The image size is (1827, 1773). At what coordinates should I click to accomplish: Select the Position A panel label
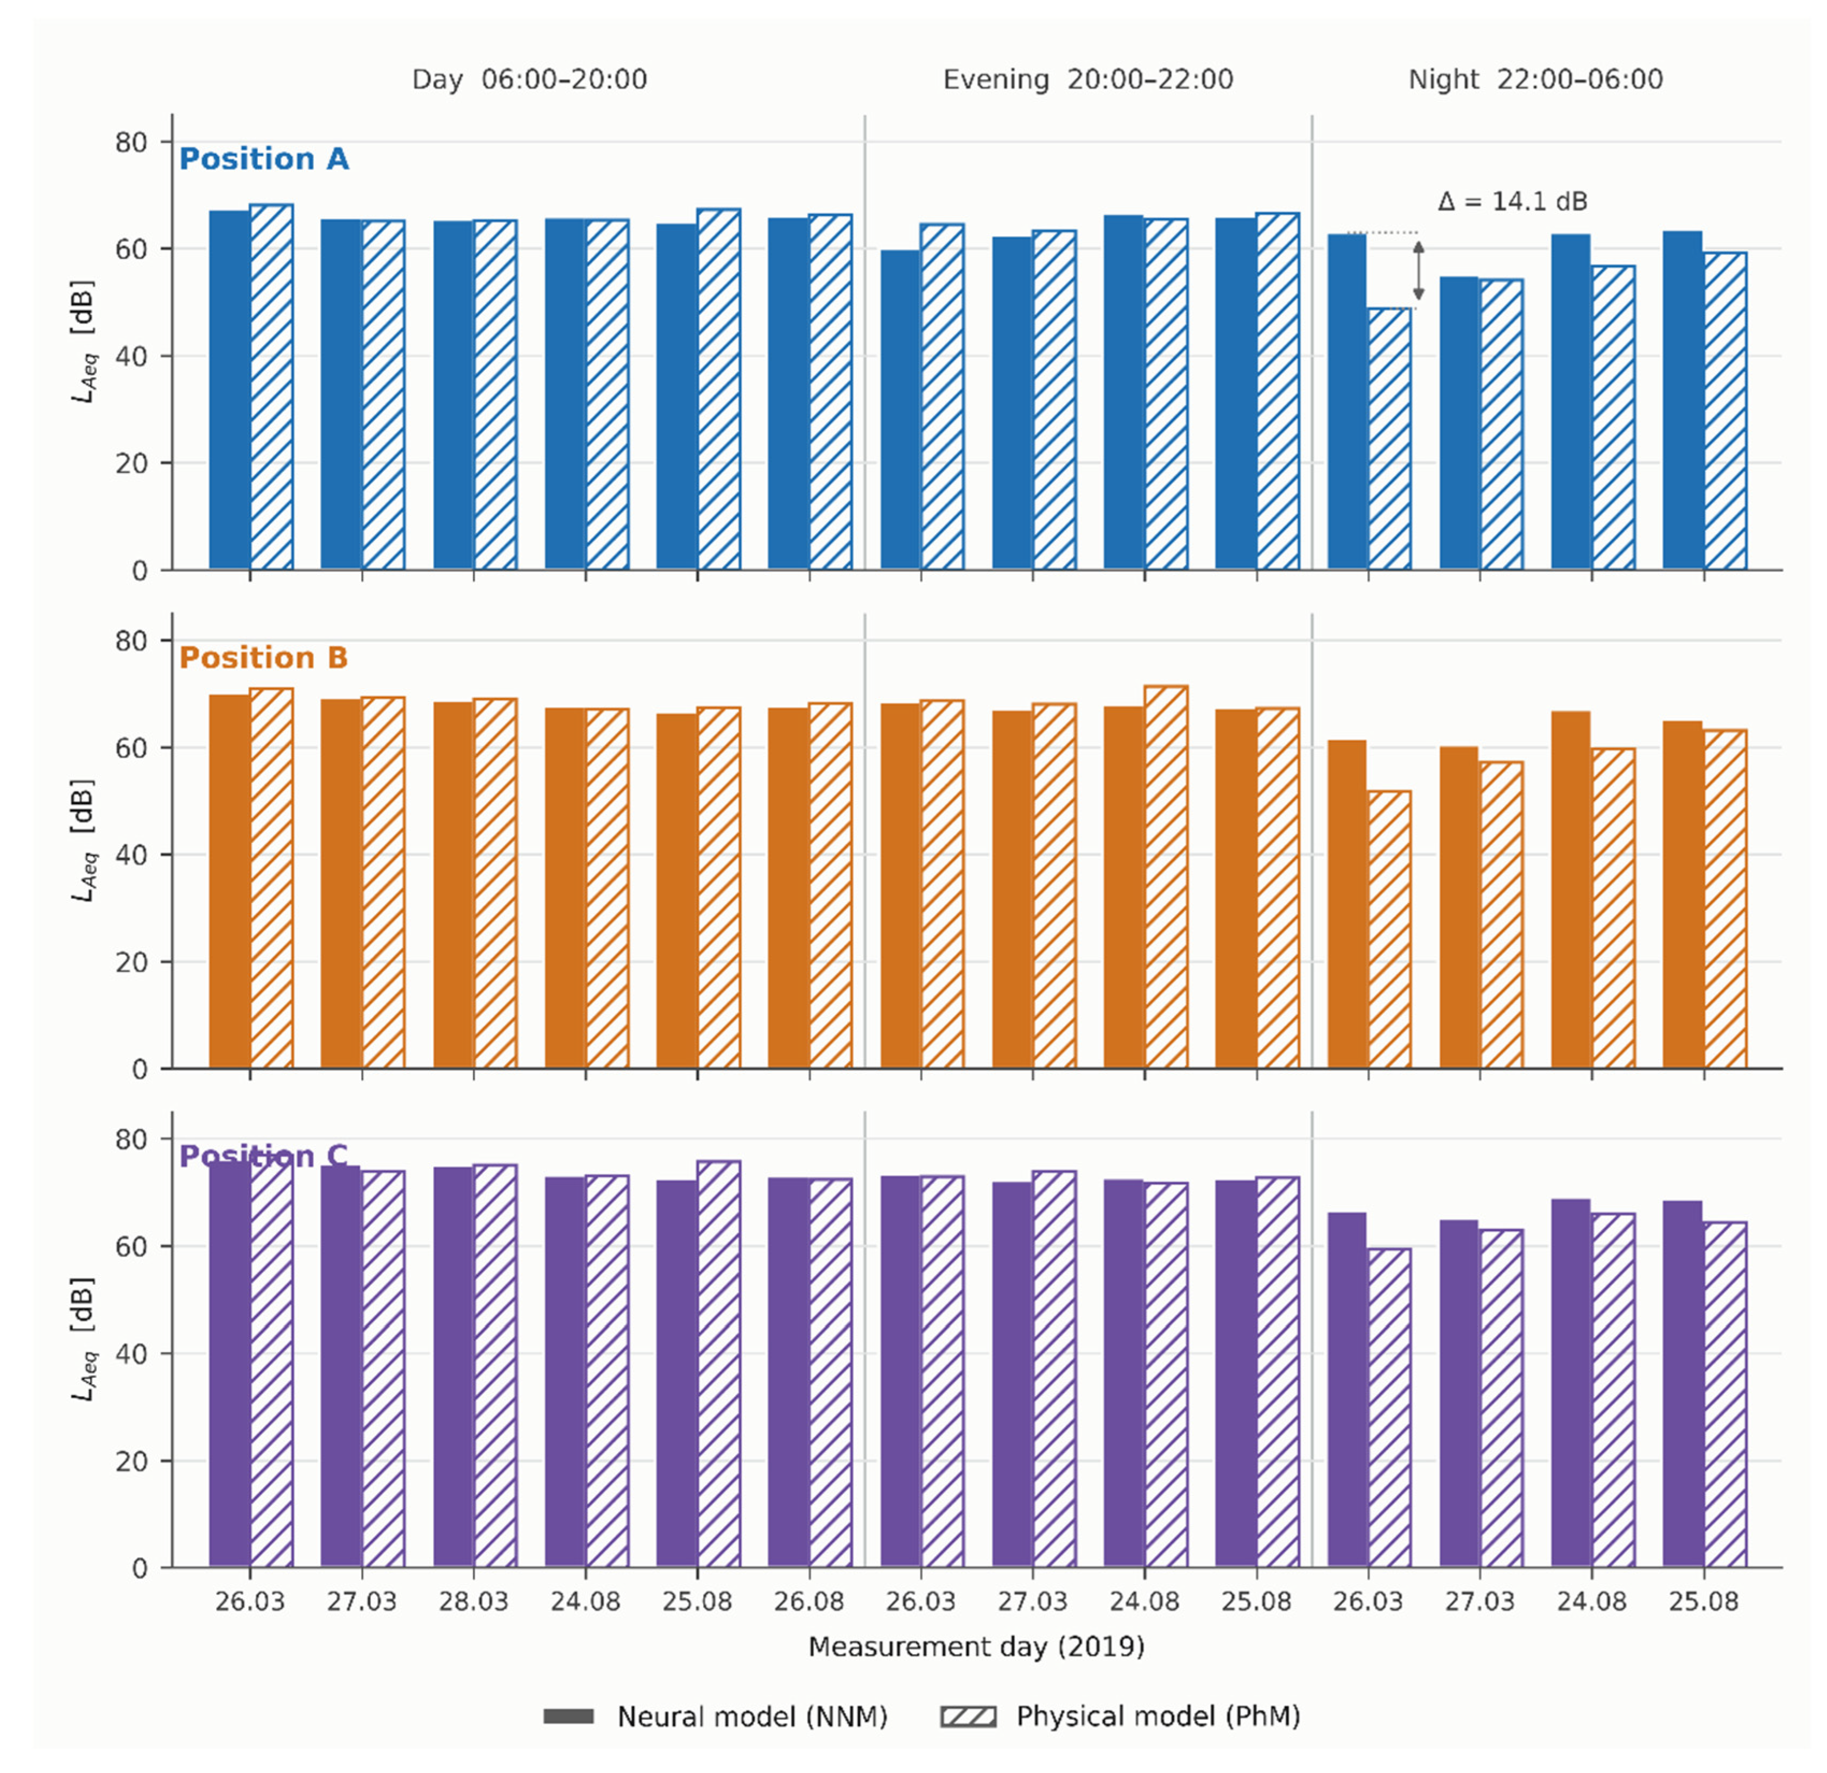pyautogui.click(x=264, y=160)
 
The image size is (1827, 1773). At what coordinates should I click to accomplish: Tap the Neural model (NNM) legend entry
pyautogui.click(x=715, y=1716)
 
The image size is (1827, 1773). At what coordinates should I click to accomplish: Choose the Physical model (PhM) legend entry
pyautogui.click(x=1121, y=1716)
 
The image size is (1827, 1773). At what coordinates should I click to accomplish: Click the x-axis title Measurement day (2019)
pyautogui.click(x=976, y=1647)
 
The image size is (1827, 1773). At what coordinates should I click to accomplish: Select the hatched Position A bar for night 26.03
pyautogui.click(x=1390, y=438)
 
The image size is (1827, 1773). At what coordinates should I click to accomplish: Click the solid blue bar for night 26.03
pyautogui.click(x=1347, y=402)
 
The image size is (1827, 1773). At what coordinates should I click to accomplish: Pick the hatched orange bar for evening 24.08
pyautogui.click(x=1166, y=877)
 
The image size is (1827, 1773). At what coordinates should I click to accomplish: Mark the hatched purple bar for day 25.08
pyautogui.click(x=719, y=1364)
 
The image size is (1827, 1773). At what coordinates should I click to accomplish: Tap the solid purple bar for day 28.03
pyautogui.click(x=453, y=1367)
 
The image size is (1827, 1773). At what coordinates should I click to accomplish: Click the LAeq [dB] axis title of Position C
pyautogui.click(x=85, y=1339)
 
